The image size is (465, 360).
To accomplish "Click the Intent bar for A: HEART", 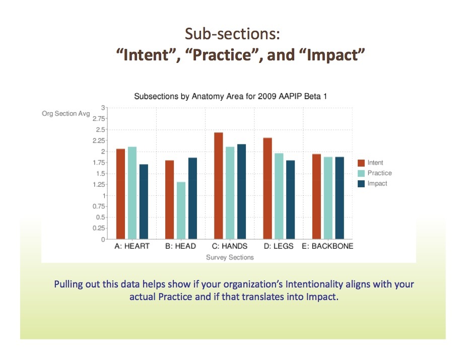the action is tap(120, 194).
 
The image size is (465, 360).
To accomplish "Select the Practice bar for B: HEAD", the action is tap(181, 210).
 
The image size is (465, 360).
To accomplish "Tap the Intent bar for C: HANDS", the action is tap(218, 186).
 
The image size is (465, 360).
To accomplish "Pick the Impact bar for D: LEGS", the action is tap(290, 200).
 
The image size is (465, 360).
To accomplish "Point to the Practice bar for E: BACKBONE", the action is tap(328, 198).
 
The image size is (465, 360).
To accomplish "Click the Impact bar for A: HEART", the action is tap(144, 202).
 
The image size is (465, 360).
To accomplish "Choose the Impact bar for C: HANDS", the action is tap(241, 192).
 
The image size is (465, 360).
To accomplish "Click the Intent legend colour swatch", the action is tap(361, 163).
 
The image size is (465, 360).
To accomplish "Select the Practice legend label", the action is tap(379, 173).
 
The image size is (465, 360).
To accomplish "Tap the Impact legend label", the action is tap(377, 183).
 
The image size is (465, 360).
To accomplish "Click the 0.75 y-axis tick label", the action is tap(99, 206).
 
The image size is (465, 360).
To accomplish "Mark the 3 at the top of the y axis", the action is tap(103, 108).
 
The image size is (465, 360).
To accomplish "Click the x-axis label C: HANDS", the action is tap(230, 246).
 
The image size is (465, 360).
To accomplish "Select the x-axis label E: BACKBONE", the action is tap(327, 246).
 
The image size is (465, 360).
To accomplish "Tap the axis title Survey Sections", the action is tap(230, 257).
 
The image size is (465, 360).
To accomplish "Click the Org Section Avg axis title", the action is tap(66, 114).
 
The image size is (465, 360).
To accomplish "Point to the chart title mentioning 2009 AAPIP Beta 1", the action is tap(230, 96).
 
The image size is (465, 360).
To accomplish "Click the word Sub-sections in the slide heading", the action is tap(233, 33).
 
